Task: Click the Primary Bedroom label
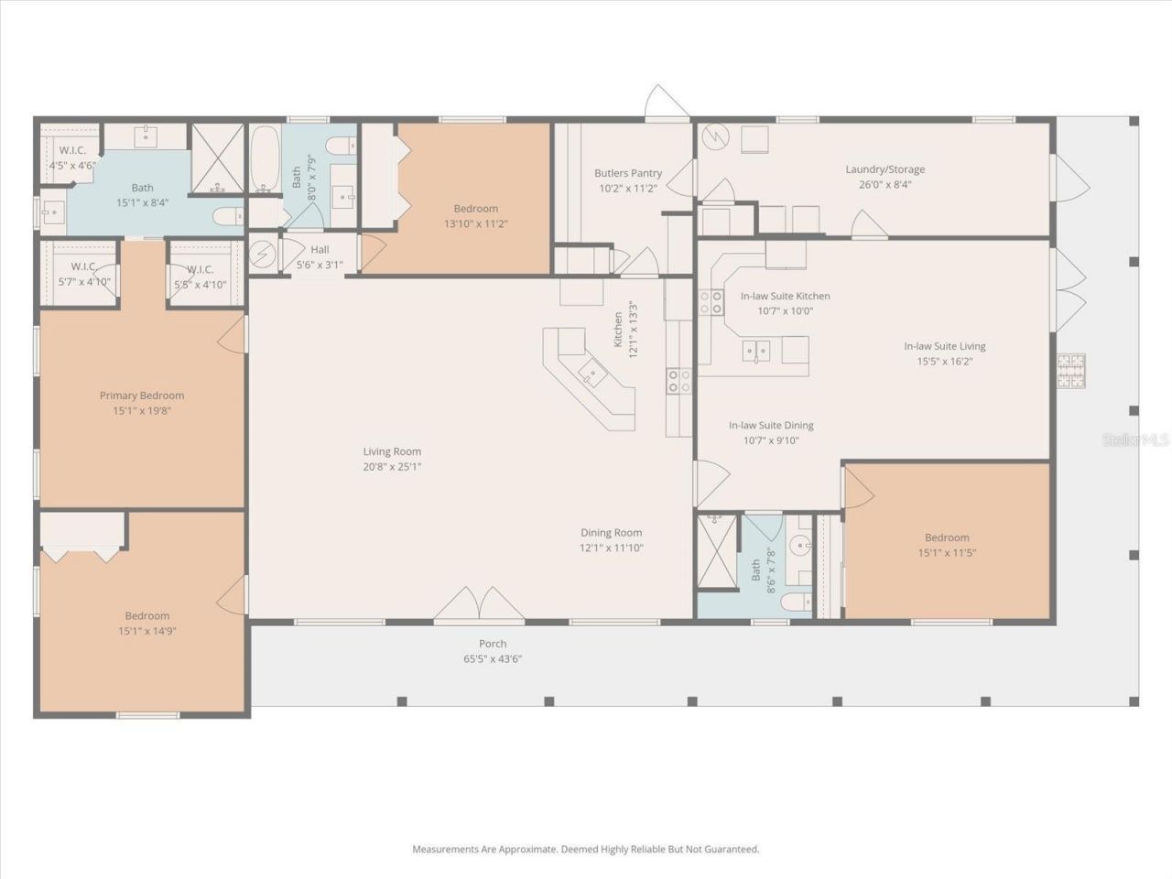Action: click(x=142, y=396)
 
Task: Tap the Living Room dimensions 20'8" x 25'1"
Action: click(x=392, y=466)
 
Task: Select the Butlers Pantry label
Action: click(x=628, y=173)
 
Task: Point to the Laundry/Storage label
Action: click(x=885, y=169)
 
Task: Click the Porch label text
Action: click(x=493, y=644)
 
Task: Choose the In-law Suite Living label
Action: click(x=945, y=346)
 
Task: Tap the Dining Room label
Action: click(x=612, y=533)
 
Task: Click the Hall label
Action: click(x=320, y=249)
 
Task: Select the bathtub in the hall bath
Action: click(x=265, y=158)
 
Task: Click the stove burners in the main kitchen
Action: click(x=679, y=381)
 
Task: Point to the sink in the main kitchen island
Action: click(x=592, y=372)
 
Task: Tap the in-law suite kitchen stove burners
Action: click(x=711, y=302)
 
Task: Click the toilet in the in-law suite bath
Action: click(x=796, y=602)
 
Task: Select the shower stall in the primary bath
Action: click(x=218, y=158)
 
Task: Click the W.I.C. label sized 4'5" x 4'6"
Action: click(x=72, y=158)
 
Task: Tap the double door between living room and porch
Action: click(x=480, y=604)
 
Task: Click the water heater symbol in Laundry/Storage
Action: click(x=715, y=137)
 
